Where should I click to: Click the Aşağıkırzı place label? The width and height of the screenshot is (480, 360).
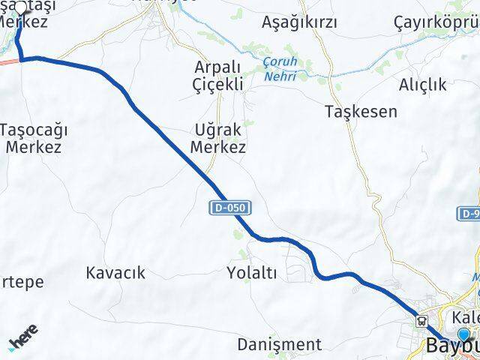(x=298, y=22)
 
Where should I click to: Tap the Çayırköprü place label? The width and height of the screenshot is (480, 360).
(x=436, y=22)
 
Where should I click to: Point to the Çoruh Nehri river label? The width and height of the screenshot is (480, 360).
(x=280, y=69)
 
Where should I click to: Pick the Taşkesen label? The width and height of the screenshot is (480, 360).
(x=361, y=112)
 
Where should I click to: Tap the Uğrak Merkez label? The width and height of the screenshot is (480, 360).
(x=218, y=139)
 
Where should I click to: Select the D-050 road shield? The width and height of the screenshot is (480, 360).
(x=228, y=206)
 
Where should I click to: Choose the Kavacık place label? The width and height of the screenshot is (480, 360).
(x=115, y=272)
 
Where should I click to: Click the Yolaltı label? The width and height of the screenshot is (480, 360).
(x=251, y=274)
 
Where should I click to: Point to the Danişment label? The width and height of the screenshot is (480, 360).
(x=279, y=344)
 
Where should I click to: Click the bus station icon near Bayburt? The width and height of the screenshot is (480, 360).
(x=422, y=322)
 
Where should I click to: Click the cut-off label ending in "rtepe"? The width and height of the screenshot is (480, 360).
(x=22, y=282)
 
